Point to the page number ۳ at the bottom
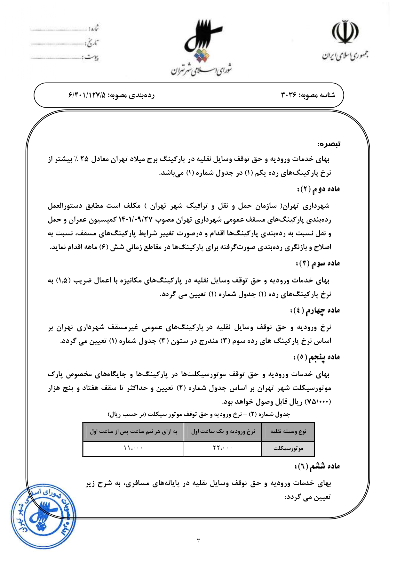(x=198, y=541)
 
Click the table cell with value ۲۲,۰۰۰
(x=223, y=448)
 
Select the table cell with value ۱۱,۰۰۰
(x=133, y=448)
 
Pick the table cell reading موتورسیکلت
(x=288, y=448)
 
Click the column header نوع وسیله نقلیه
(x=288, y=431)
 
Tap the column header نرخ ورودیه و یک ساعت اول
(x=223, y=431)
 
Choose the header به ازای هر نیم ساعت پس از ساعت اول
(x=133, y=431)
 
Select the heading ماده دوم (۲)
(x=318, y=189)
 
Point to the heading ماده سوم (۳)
(x=318, y=263)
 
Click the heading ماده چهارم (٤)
(x=315, y=310)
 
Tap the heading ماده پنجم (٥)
(x=316, y=357)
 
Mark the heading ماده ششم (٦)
(x=317, y=466)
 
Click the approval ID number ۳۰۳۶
(x=289, y=95)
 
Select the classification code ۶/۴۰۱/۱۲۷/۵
(x=87, y=95)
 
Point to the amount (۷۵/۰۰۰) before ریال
(x=317, y=402)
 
